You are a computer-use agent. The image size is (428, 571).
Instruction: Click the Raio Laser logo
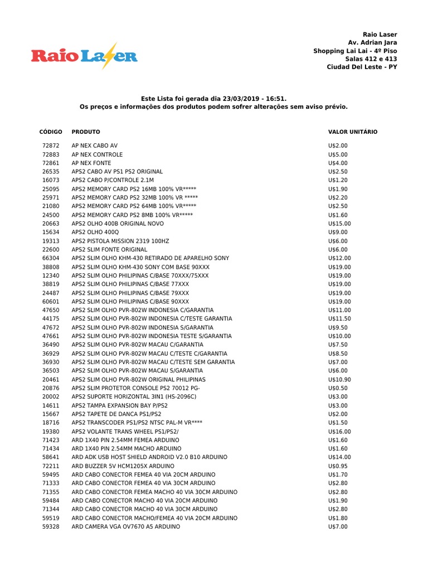tap(84, 55)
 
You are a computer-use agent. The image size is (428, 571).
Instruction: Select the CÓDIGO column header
tap(51, 132)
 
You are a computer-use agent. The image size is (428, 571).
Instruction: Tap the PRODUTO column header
tap(86, 132)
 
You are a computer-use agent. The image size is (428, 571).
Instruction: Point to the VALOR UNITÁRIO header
tap(353, 132)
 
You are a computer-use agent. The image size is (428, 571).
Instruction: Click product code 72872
tap(51, 146)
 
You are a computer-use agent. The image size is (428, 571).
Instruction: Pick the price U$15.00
tap(340, 224)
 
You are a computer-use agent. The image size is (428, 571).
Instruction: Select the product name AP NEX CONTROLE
tap(97, 154)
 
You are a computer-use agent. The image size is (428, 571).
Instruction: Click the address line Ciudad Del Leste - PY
tap(362, 67)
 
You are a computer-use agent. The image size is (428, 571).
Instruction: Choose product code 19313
tap(51, 241)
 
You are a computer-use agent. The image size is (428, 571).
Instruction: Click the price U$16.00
tap(340, 431)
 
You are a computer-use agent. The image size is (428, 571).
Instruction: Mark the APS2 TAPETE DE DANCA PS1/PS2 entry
tap(116, 414)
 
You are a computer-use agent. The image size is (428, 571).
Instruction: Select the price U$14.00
tap(340, 457)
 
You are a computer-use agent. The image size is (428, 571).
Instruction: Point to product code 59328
tap(51, 526)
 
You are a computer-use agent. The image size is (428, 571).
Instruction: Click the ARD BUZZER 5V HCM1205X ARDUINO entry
tap(123, 466)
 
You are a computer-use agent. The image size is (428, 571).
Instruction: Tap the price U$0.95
tap(338, 466)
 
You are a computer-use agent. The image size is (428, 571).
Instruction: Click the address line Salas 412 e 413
tap(371, 59)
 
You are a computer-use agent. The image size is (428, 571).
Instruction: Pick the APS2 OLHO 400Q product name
tap(95, 232)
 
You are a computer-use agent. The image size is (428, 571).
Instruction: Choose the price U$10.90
tap(340, 379)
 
